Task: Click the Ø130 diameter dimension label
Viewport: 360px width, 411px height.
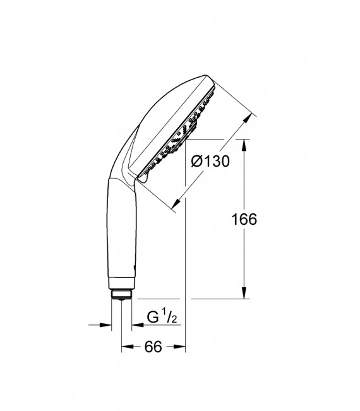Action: tap(210, 162)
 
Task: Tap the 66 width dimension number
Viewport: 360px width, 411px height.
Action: tap(153, 346)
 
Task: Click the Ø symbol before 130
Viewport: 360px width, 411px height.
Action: tap(196, 162)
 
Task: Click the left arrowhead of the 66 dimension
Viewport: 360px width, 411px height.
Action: tap(126, 346)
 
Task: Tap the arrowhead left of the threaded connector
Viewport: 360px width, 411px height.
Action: tap(107, 325)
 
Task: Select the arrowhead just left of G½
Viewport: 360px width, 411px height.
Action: tap(136, 325)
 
